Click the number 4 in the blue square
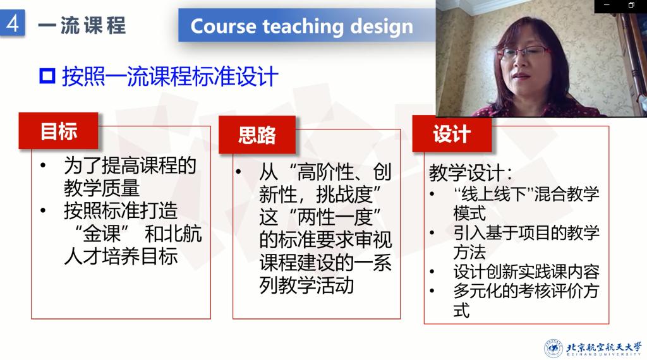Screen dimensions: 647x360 [13, 23]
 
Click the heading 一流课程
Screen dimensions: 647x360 [82, 25]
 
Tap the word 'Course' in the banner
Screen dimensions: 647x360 [223, 26]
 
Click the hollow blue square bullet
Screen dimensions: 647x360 [47, 76]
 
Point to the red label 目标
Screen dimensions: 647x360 [59, 131]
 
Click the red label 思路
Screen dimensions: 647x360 [257, 135]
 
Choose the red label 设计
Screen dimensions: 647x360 [452, 134]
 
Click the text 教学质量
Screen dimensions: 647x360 [102, 188]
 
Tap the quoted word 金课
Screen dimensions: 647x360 [102, 234]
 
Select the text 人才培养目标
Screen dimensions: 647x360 [121, 256]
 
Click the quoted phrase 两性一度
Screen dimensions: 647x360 [335, 217]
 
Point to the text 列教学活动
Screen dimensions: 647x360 [306, 285]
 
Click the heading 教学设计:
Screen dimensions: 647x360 [471, 172]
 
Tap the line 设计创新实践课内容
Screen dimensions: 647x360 [526, 272]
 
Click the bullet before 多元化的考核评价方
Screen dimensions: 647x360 [432, 291]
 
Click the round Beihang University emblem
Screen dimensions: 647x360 [553, 349]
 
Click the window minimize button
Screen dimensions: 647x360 [607, 5]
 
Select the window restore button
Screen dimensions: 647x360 [631, 5]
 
